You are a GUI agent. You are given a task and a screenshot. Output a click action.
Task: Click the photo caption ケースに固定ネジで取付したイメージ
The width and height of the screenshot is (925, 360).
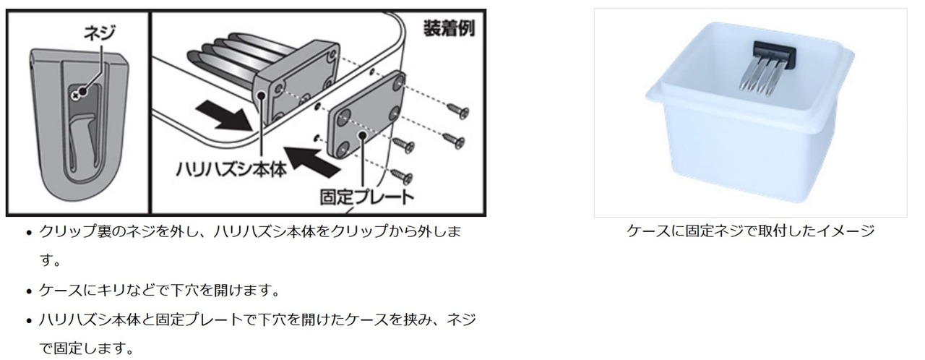pos(751,231)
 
